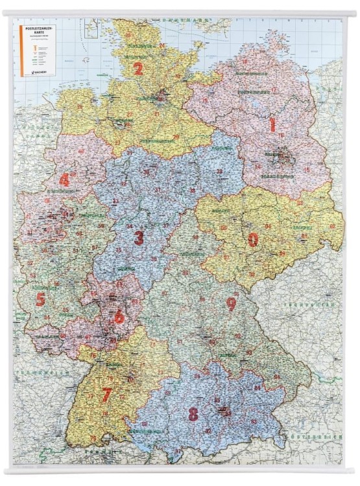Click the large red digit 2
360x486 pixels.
click(x=138, y=68)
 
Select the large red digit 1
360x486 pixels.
click(x=273, y=123)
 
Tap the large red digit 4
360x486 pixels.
click(x=64, y=179)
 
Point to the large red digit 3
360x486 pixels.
click(x=139, y=237)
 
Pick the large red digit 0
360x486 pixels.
click(x=253, y=239)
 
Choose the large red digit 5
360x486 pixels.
click(x=40, y=299)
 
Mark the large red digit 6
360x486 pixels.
click(x=119, y=317)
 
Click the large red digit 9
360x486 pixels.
click(x=231, y=303)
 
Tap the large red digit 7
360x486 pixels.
click(x=107, y=394)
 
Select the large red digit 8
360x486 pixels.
click(x=193, y=413)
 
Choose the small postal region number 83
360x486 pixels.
click(x=254, y=422)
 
